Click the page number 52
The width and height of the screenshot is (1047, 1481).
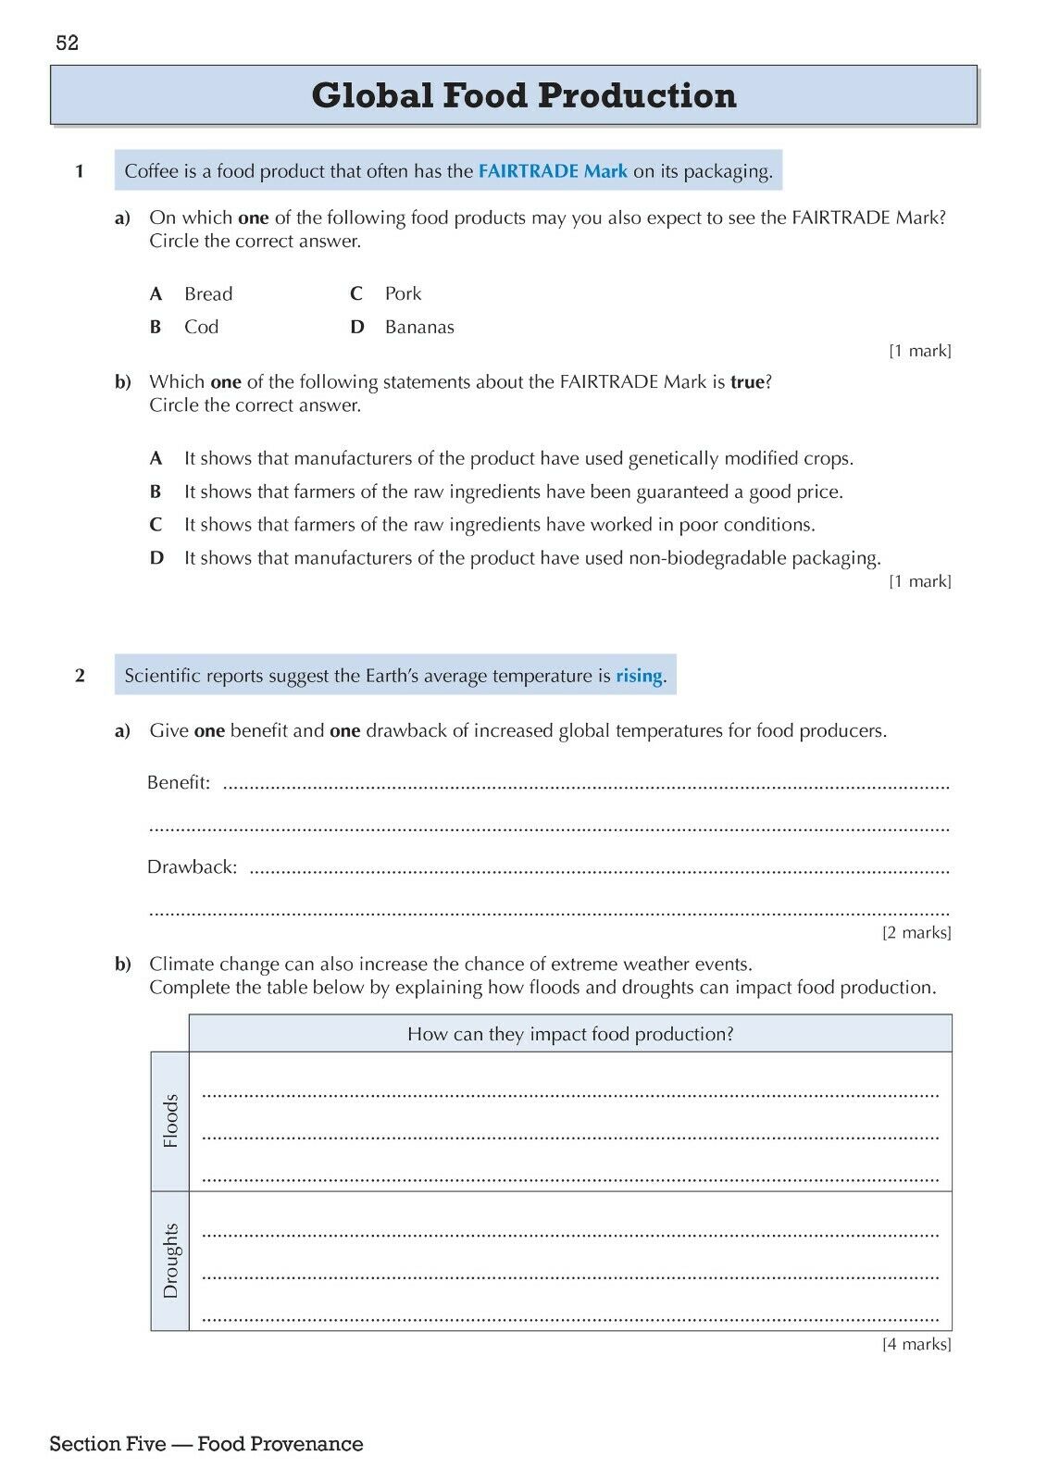pyautogui.click(x=68, y=43)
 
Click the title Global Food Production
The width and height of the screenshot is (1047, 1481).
pyautogui.click(x=524, y=95)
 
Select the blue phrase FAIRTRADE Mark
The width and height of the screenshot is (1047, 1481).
pyautogui.click(x=553, y=171)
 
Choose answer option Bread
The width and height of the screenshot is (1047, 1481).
pyautogui.click(x=208, y=294)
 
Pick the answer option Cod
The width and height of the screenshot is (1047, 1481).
pyautogui.click(x=201, y=327)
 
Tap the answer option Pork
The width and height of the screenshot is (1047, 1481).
pyautogui.click(x=403, y=293)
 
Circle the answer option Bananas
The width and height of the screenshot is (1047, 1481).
pyautogui.click(x=419, y=327)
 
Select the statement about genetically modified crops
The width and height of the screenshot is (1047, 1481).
pyautogui.click(x=518, y=458)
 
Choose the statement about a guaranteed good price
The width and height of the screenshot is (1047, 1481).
pyautogui.click(x=513, y=492)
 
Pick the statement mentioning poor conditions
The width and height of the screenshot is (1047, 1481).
pyautogui.click(x=499, y=525)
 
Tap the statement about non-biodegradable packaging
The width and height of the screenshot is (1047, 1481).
pyautogui.click(x=532, y=558)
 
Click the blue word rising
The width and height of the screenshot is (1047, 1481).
pyautogui.click(x=639, y=676)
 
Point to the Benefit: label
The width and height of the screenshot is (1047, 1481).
pyautogui.click(x=179, y=783)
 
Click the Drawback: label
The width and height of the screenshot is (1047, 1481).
pyautogui.click(x=192, y=867)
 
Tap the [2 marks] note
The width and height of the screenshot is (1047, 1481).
pyautogui.click(x=916, y=933)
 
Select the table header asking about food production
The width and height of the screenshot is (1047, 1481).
pyautogui.click(x=570, y=1034)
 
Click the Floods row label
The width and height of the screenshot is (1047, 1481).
pyautogui.click(x=170, y=1121)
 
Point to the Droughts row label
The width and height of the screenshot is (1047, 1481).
pyautogui.click(x=170, y=1261)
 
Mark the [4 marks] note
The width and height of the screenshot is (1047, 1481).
pyautogui.click(x=916, y=1344)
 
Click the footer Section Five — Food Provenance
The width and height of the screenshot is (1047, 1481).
pyautogui.click(x=206, y=1444)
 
